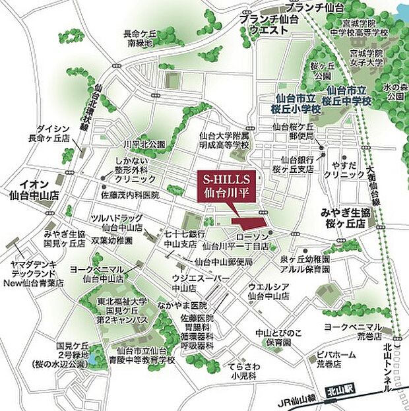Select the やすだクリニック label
(347, 170)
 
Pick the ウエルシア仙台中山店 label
(268, 291)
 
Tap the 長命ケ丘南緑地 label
(140, 38)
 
